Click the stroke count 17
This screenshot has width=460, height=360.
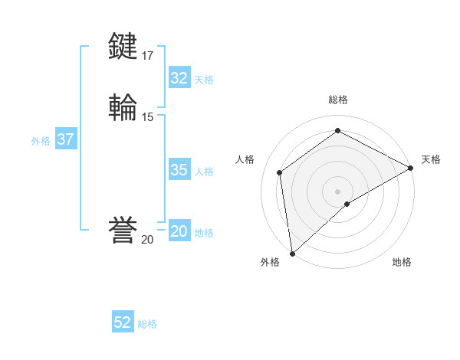[148, 55]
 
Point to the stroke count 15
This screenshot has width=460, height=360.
[148, 117]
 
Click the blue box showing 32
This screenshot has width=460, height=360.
[179, 78]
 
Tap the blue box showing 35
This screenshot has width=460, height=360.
[179, 170]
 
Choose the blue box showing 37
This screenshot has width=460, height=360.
[65, 140]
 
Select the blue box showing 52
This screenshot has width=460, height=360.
[123, 322]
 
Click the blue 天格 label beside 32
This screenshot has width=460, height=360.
[204, 80]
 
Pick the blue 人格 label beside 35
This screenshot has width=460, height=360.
[204, 172]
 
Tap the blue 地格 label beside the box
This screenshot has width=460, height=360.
[204, 234]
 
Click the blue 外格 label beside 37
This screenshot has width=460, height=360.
[41, 141]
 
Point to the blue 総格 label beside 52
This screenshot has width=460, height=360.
[147, 324]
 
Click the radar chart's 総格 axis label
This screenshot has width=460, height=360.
[337, 100]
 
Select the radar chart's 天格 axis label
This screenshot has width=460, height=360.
[431, 159]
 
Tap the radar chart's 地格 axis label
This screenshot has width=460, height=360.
[402, 263]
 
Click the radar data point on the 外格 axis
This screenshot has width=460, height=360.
[291, 254]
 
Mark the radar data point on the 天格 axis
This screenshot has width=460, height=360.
[410, 168]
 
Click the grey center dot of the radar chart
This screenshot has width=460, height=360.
[337, 191]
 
